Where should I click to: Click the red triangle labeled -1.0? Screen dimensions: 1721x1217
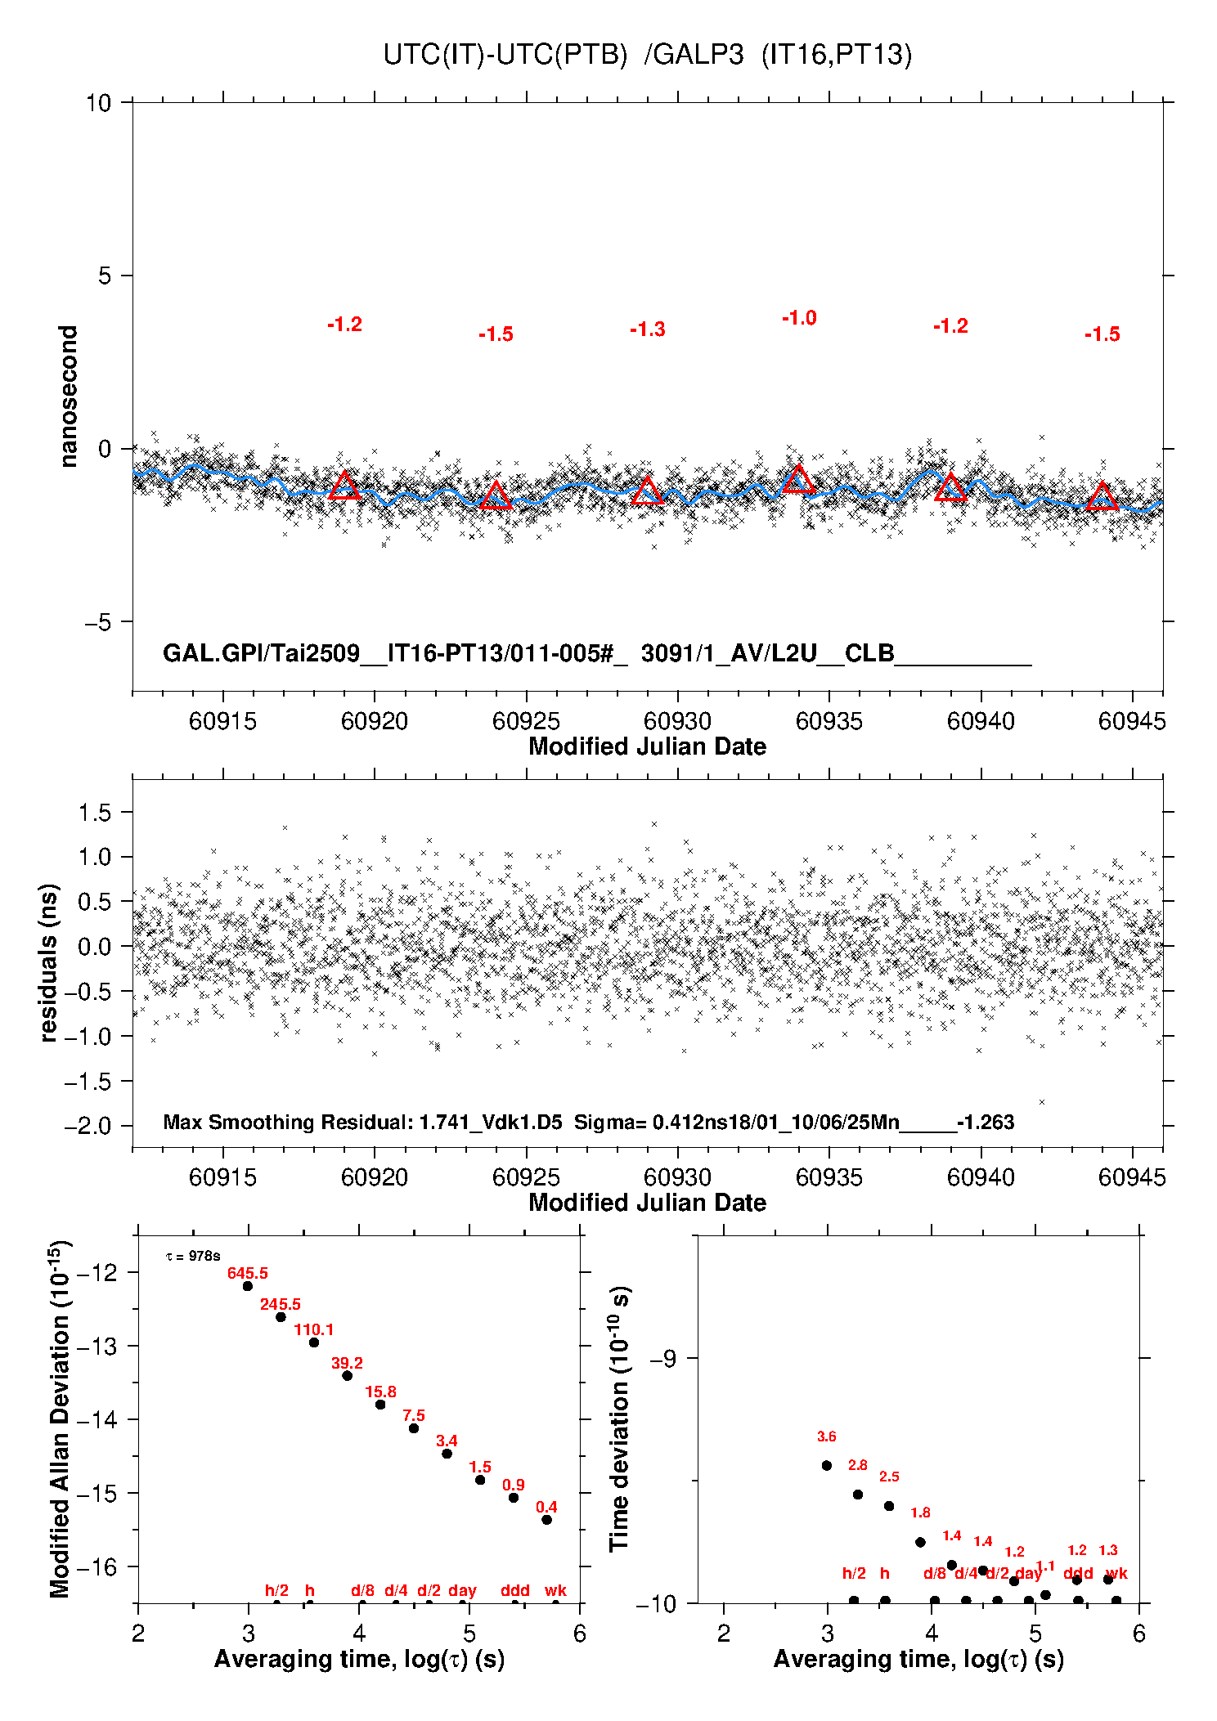coord(798,480)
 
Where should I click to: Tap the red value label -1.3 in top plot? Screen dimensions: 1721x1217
coord(647,329)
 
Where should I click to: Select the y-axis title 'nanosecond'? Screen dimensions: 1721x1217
coord(69,397)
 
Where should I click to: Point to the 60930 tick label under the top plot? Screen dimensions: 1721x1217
coord(677,721)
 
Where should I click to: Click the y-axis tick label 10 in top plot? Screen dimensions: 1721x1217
coord(98,103)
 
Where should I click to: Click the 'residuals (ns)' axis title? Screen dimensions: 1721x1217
coord(49,962)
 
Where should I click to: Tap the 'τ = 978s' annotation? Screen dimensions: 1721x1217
coord(193,1256)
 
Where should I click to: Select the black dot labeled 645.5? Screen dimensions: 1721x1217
coord(248,1286)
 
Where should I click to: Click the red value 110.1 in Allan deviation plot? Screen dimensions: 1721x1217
coord(314,1329)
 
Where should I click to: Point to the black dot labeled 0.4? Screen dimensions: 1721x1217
coord(546,1520)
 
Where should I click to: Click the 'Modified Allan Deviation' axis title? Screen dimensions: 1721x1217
coord(61,1419)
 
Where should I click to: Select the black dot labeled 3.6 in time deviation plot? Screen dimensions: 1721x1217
coord(827,1466)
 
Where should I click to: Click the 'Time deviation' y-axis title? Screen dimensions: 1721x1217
coord(619,1419)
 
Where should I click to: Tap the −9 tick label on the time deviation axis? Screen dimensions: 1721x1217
coord(662,1359)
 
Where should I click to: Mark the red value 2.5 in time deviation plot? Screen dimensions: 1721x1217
coord(889,1477)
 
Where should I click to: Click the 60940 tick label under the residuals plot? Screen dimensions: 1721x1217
coord(981,1177)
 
